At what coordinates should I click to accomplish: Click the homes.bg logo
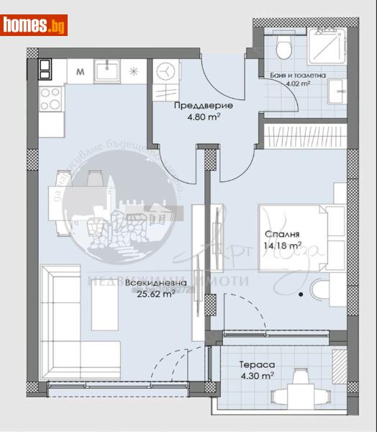pyautogui.click(x=35, y=25)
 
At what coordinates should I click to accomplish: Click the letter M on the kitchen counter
pyautogui.click(x=80, y=71)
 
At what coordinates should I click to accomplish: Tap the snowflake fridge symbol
pyautogui.click(x=133, y=71)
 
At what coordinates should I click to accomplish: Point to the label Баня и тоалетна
pyautogui.click(x=302, y=74)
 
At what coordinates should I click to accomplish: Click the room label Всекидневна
pyautogui.click(x=155, y=283)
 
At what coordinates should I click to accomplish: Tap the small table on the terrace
pyautogui.click(x=293, y=395)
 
